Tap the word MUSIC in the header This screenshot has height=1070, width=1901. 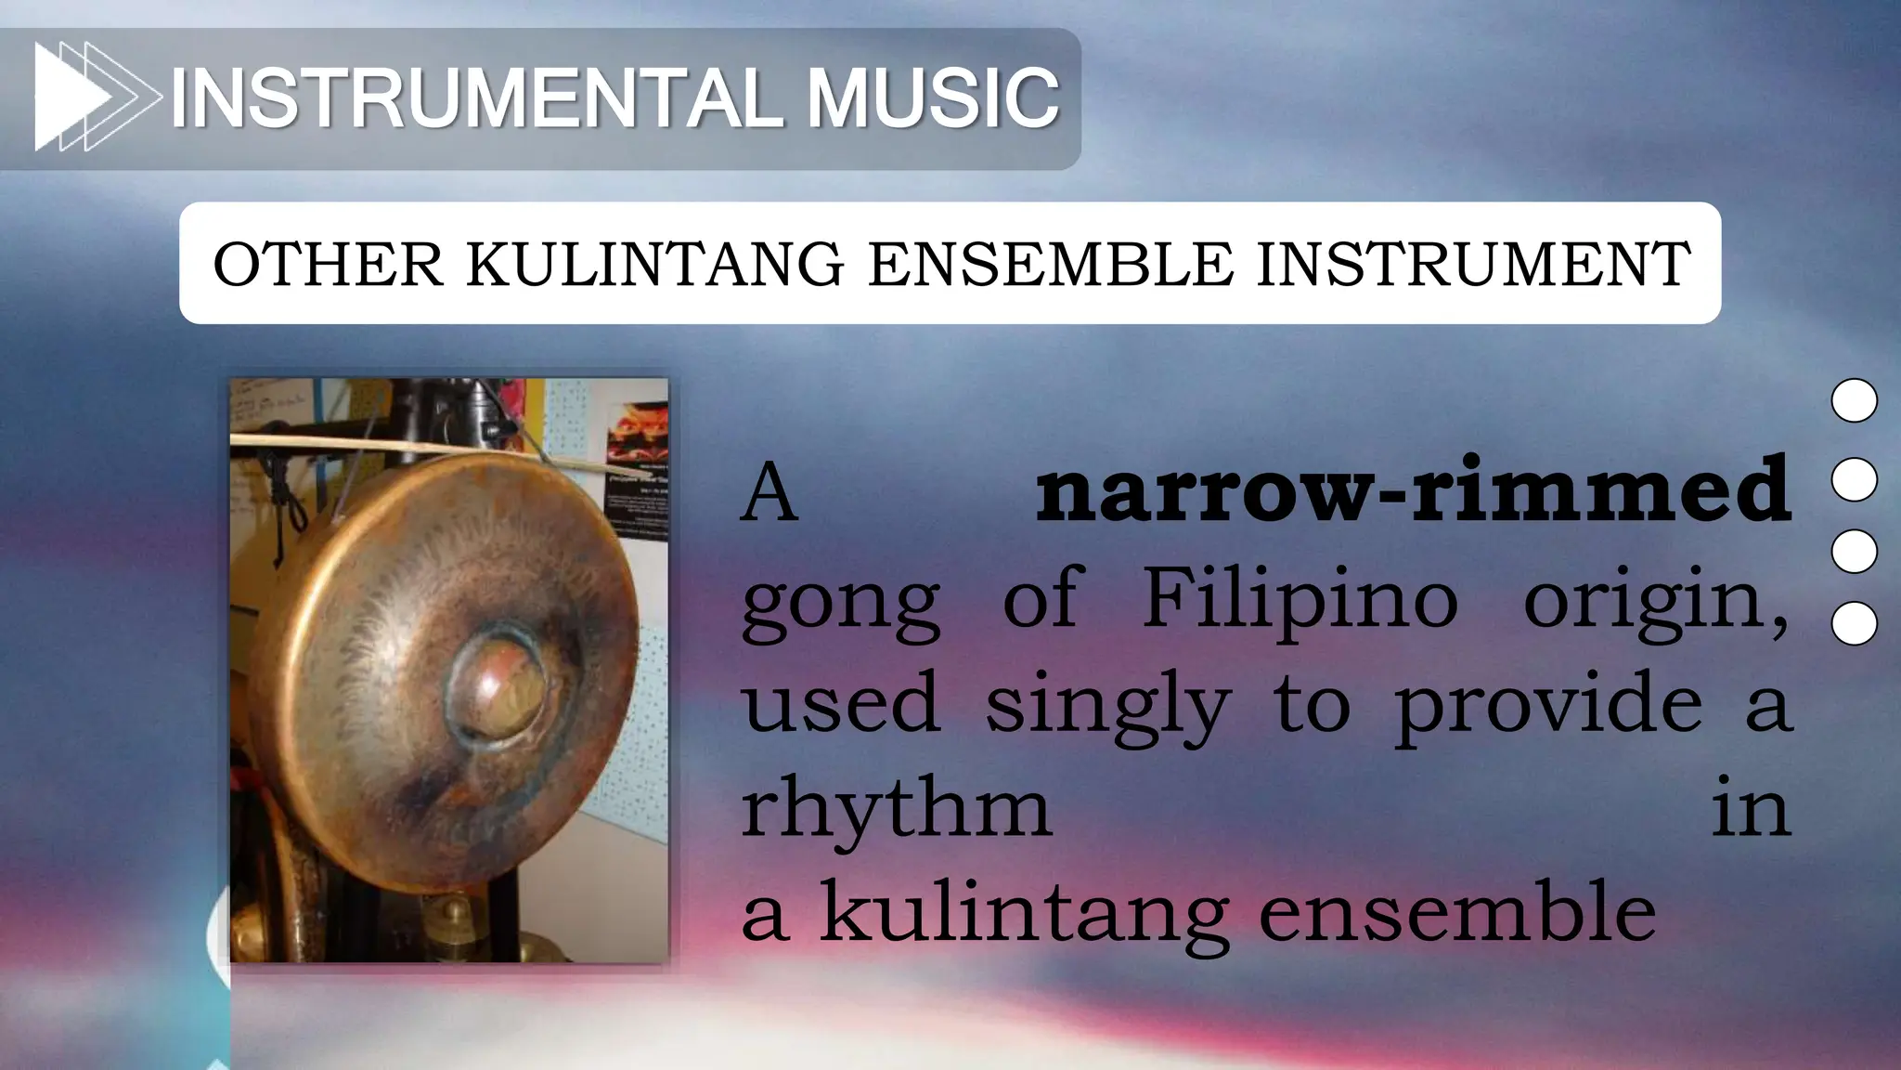click(x=932, y=98)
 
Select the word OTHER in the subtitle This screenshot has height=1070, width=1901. click(x=329, y=265)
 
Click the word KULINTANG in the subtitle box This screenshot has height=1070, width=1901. click(x=655, y=265)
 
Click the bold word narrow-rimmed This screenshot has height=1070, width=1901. click(x=1413, y=490)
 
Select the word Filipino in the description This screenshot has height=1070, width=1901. click(x=1300, y=599)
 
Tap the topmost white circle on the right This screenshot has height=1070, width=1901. click(x=1854, y=400)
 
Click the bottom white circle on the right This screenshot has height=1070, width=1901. click(x=1854, y=623)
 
